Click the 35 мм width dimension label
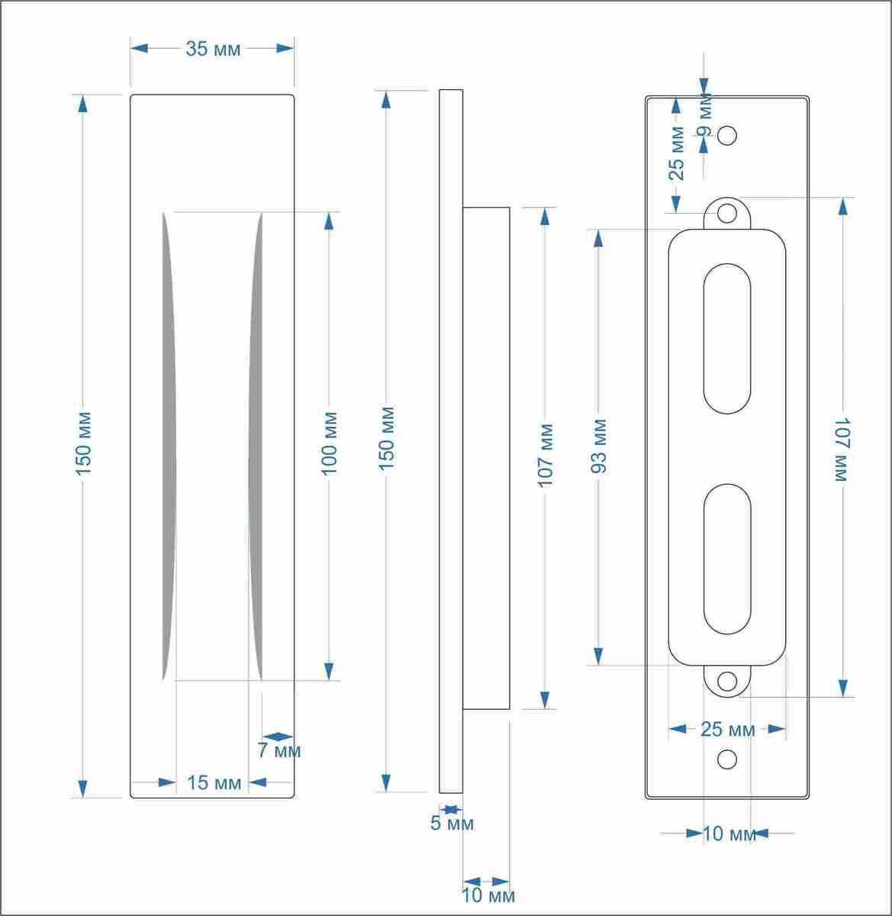pos(213,49)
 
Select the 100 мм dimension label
pos(330,444)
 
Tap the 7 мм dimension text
pos(279,750)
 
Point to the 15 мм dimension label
pos(214,782)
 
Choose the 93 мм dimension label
pos(599,446)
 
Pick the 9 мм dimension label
pos(705,114)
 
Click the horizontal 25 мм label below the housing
pos(728,729)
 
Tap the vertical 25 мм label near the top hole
pos(677,153)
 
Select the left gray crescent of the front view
pos(169,447)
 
